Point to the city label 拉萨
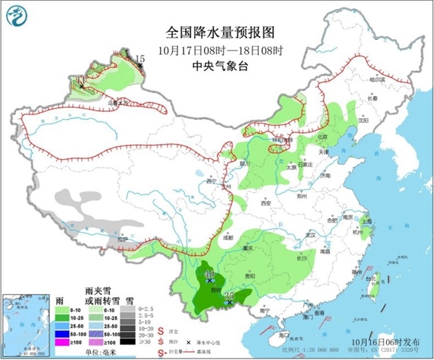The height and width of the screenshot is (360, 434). pos(124,239)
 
